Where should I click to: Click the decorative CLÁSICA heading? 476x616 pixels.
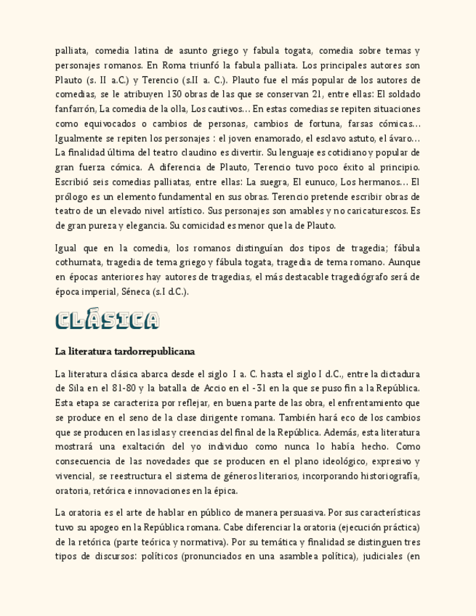click(107, 320)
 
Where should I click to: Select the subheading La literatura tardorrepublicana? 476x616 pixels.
click(125, 352)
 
